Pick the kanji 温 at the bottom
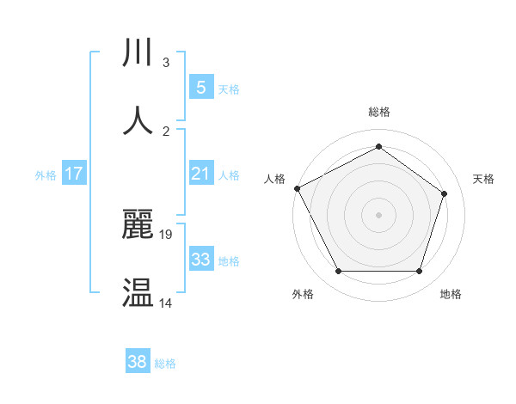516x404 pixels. (x=138, y=293)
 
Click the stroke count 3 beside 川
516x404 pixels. (x=166, y=63)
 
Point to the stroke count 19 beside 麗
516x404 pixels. (x=167, y=234)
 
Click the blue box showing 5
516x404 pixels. (x=200, y=87)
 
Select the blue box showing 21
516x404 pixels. (x=200, y=174)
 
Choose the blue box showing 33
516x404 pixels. (x=200, y=260)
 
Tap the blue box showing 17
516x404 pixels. (x=74, y=174)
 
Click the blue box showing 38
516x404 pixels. (x=138, y=362)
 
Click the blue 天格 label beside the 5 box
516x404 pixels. (x=229, y=89)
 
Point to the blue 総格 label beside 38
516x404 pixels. (x=165, y=364)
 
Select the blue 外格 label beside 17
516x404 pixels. (x=46, y=175)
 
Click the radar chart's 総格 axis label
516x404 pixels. (x=378, y=113)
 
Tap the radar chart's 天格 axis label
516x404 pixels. (x=484, y=179)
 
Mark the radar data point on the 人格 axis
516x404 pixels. (x=297, y=188)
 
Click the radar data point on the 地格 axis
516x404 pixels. (x=419, y=272)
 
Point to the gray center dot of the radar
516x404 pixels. (x=378, y=215)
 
